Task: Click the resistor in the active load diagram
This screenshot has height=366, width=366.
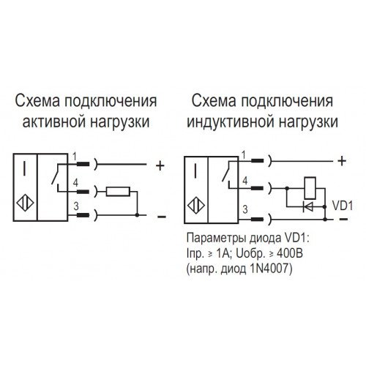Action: pos(118,192)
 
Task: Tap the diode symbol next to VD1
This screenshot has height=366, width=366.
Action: pos(307,207)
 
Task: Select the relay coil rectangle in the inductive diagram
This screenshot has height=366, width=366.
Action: pos(310,188)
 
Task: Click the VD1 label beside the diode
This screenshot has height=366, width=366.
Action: pos(343,206)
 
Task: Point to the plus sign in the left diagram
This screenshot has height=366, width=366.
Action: pos(160,166)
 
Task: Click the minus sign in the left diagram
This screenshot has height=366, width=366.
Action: pos(162,217)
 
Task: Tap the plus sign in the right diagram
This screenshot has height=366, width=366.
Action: pos(342,161)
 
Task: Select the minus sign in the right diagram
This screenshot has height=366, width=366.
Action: pos(343,219)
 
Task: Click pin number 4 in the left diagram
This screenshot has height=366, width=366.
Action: pos(75,182)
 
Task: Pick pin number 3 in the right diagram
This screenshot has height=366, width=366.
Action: pos(245,209)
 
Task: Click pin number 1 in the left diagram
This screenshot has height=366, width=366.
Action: pos(75,157)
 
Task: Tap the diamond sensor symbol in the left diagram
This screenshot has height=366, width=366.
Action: pos(25,203)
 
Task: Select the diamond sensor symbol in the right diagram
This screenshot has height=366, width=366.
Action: pos(196,206)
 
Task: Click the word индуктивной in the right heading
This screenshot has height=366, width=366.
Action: pos(231,122)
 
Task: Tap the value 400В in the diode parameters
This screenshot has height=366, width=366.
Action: pos(290,253)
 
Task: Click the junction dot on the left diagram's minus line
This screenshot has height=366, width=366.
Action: pos(137,215)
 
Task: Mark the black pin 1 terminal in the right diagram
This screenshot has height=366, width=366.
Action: pos(257,160)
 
